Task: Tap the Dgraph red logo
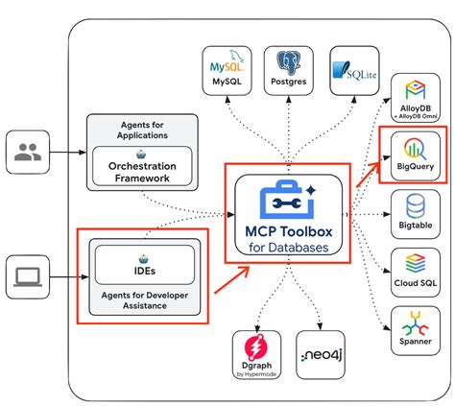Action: coord(255,347)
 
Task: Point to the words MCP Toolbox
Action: coord(286,230)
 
